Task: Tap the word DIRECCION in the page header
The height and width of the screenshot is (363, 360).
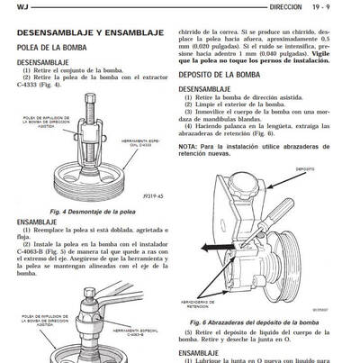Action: [x=285, y=6]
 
